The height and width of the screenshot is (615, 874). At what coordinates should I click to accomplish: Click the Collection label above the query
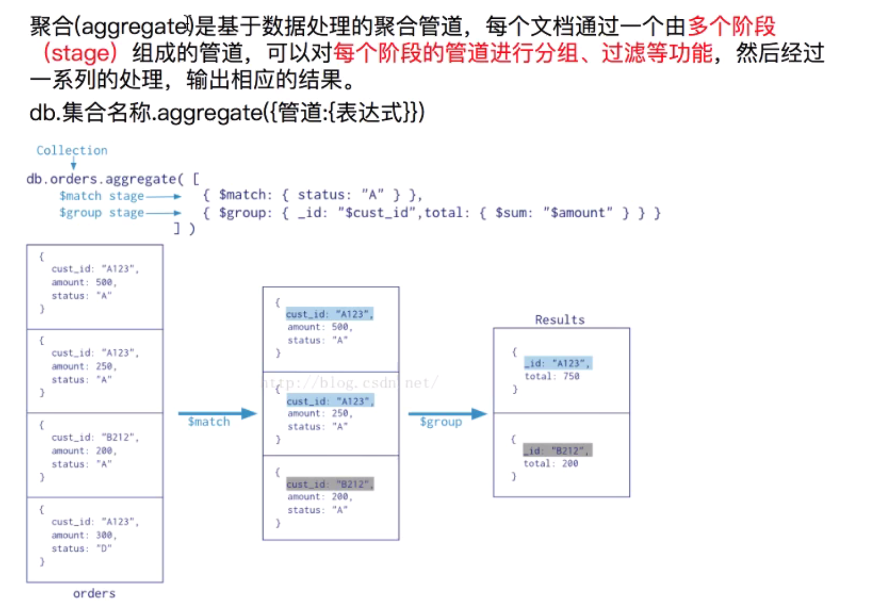point(72,150)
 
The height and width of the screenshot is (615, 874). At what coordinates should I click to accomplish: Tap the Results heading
point(559,320)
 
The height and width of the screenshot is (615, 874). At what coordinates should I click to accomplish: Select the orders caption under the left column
point(94,593)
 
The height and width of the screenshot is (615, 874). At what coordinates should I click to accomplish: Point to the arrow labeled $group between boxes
point(447,414)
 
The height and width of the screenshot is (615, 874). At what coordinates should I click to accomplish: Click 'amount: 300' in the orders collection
point(84,535)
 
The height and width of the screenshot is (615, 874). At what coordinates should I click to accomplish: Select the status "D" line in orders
point(81,548)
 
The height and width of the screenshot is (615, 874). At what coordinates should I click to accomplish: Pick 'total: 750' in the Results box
point(551,376)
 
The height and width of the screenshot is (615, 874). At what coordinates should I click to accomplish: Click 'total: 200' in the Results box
point(550,464)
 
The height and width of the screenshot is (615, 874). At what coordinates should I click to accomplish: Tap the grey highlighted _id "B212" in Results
point(558,451)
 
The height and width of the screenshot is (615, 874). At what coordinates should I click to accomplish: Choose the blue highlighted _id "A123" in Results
point(558,363)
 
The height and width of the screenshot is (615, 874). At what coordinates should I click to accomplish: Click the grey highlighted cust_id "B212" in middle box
point(330,484)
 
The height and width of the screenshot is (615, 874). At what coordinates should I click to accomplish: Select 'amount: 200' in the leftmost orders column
point(84,451)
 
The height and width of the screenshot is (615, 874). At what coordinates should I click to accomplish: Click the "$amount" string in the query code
point(578,213)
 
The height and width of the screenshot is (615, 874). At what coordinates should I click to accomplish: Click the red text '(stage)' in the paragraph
point(80,53)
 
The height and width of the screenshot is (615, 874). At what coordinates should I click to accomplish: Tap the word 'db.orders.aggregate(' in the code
point(105,179)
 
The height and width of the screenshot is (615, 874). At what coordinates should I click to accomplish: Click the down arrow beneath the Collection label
point(73,164)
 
